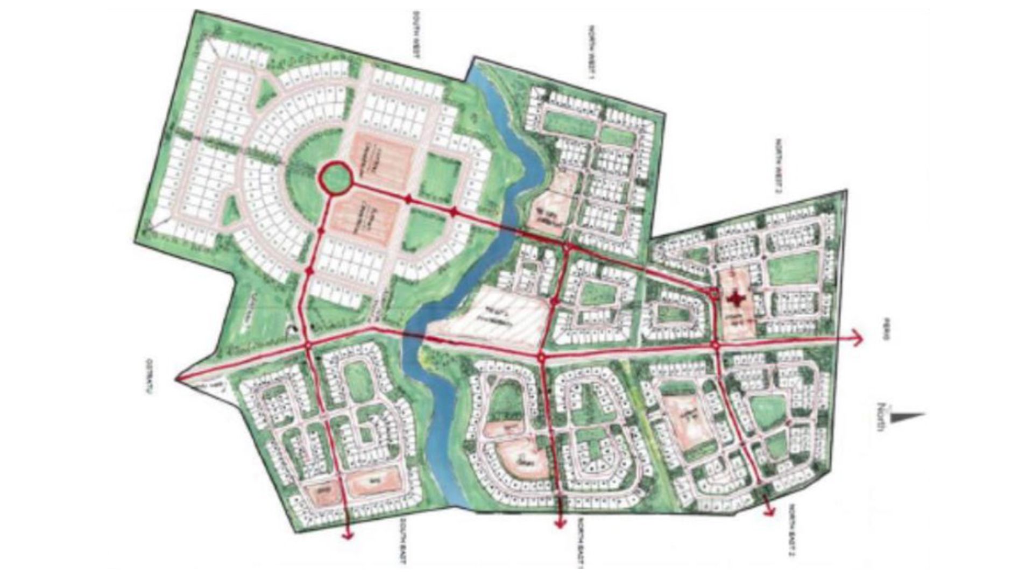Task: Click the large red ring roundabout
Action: tap(336, 178)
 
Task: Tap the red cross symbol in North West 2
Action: tap(735, 299)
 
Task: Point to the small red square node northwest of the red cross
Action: tap(714, 293)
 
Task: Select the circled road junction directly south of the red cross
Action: tap(716, 344)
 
